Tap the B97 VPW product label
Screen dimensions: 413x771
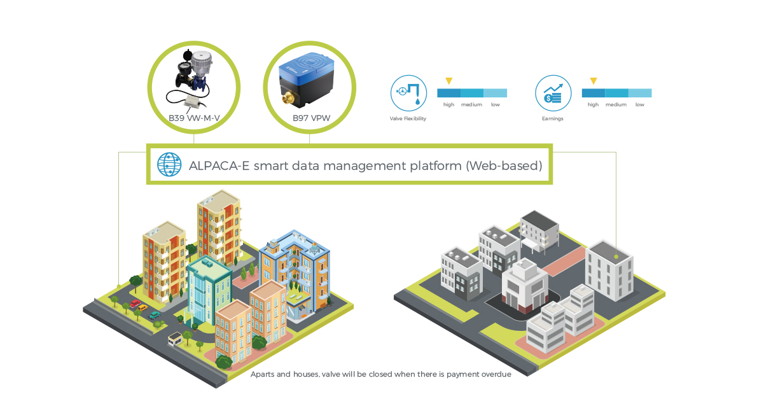pos(309,118)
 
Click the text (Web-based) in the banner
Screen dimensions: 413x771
pos(504,167)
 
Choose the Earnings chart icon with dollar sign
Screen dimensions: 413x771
pos(552,93)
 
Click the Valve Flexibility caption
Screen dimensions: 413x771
pos(408,119)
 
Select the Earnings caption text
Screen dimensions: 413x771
pos(552,119)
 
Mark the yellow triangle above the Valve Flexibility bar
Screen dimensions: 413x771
pos(448,81)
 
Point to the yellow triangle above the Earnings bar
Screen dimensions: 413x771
pos(593,81)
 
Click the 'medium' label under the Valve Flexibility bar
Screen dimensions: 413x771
pos(471,104)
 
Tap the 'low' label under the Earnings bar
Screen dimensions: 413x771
pos(639,104)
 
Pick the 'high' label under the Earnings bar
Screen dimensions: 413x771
pos(593,104)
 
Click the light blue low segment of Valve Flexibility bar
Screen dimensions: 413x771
pos(495,93)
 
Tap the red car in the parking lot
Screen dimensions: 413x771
pos(135,304)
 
